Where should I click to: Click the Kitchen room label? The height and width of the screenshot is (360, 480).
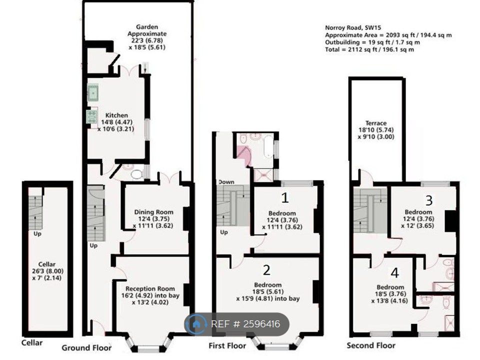(116, 115)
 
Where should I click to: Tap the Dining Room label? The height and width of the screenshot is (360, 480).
(153, 212)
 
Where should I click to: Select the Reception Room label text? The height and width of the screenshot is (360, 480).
(150, 288)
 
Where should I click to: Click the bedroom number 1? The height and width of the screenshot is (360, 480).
(284, 198)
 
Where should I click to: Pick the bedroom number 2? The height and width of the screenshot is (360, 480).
(266, 270)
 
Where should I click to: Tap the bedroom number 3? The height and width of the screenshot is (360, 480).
(429, 200)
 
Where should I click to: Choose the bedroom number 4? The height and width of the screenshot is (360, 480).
(395, 273)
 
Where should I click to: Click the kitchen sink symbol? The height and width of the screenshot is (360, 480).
(93, 93)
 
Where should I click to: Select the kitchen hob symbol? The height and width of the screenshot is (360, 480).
(92, 116)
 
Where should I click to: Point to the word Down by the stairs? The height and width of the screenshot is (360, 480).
(226, 182)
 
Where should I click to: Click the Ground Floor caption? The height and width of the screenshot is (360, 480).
(86, 348)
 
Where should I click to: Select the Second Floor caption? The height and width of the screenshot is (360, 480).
(371, 345)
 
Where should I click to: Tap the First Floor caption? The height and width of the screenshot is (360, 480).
(227, 346)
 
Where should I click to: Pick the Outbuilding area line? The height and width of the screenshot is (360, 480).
(372, 42)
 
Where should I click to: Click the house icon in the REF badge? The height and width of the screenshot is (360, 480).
(195, 324)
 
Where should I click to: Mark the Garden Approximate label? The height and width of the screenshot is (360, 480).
(147, 30)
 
